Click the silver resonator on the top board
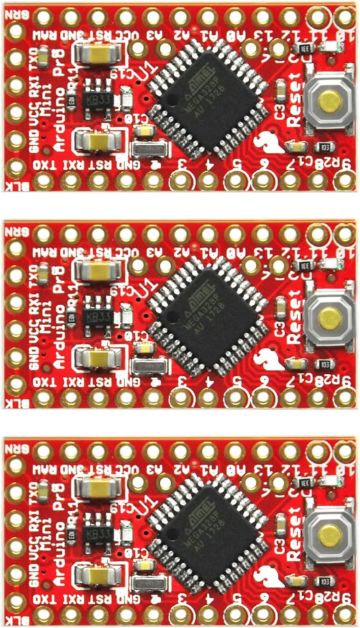coord(151,149)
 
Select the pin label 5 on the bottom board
coord(237,599)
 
